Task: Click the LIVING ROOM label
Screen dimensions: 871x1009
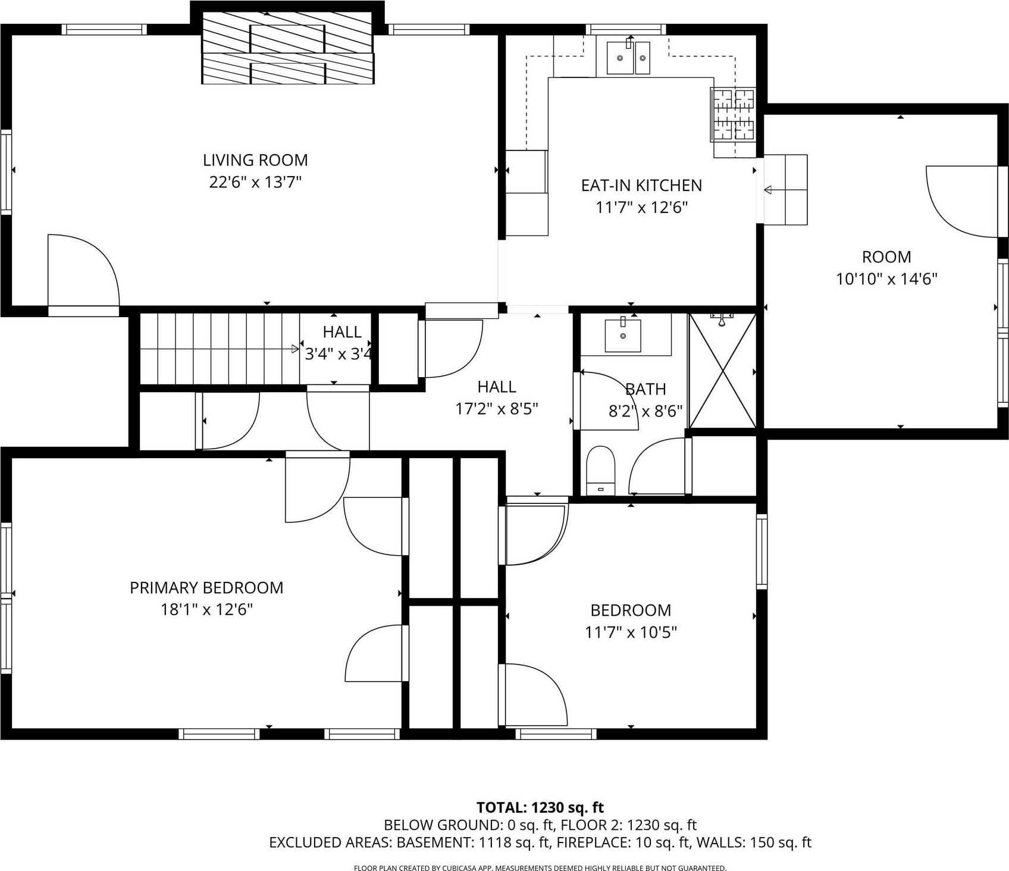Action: pyautogui.click(x=255, y=160)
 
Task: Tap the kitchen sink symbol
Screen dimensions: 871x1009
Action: pyautogui.click(x=628, y=57)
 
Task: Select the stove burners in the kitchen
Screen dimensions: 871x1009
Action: pyautogui.click(x=734, y=114)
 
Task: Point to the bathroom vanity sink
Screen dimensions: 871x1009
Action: pyautogui.click(x=623, y=336)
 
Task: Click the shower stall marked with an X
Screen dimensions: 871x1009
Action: pyautogui.click(x=722, y=371)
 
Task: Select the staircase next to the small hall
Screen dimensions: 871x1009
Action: pyautogui.click(x=219, y=349)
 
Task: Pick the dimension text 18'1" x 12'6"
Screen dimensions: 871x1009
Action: pyautogui.click(x=206, y=610)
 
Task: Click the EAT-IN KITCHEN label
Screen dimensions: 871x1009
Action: pyautogui.click(x=641, y=186)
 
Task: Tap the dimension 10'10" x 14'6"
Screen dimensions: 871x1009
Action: pyautogui.click(x=886, y=279)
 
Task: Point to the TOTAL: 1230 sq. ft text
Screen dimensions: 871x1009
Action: pyautogui.click(x=540, y=808)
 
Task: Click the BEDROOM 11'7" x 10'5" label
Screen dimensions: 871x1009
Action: pyautogui.click(x=631, y=610)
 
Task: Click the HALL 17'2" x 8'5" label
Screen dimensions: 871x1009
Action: pyautogui.click(x=496, y=387)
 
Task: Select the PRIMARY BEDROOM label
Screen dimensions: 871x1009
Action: pyautogui.click(x=206, y=588)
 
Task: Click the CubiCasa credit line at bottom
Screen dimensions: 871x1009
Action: pyautogui.click(x=540, y=868)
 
